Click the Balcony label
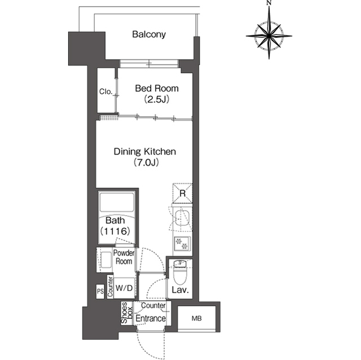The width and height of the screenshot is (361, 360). pyautogui.click(x=149, y=34)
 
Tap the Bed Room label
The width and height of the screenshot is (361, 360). pyautogui.click(x=157, y=88)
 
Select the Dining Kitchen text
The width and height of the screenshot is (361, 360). pyautogui.click(x=145, y=152)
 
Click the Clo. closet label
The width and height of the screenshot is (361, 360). pyautogui.click(x=106, y=91)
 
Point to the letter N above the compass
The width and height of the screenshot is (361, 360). pyautogui.click(x=269, y=3)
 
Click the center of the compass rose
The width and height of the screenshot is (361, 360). pyautogui.click(x=269, y=36)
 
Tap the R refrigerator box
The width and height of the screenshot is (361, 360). pyautogui.click(x=183, y=193)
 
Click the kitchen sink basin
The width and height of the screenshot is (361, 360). pyautogui.click(x=182, y=217)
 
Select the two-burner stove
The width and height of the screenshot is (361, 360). pyautogui.click(x=182, y=244)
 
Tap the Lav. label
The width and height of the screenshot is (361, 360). pyautogui.click(x=180, y=290)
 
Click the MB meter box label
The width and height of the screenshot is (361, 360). pyautogui.click(x=197, y=318)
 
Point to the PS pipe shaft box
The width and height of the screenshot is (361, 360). pyautogui.click(x=100, y=291)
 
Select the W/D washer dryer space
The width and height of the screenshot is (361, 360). pyautogui.click(x=124, y=288)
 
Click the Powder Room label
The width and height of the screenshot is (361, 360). pyautogui.click(x=124, y=257)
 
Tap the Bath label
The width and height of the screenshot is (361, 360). pyautogui.click(x=115, y=220)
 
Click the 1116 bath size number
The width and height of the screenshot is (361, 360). pyautogui.click(x=115, y=231)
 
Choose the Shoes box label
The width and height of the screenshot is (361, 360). pyautogui.click(x=127, y=313)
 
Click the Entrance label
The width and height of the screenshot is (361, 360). pyautogui.click(x=151, y=319)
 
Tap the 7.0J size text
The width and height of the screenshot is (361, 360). pyautogui.click(x=146, y=163)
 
